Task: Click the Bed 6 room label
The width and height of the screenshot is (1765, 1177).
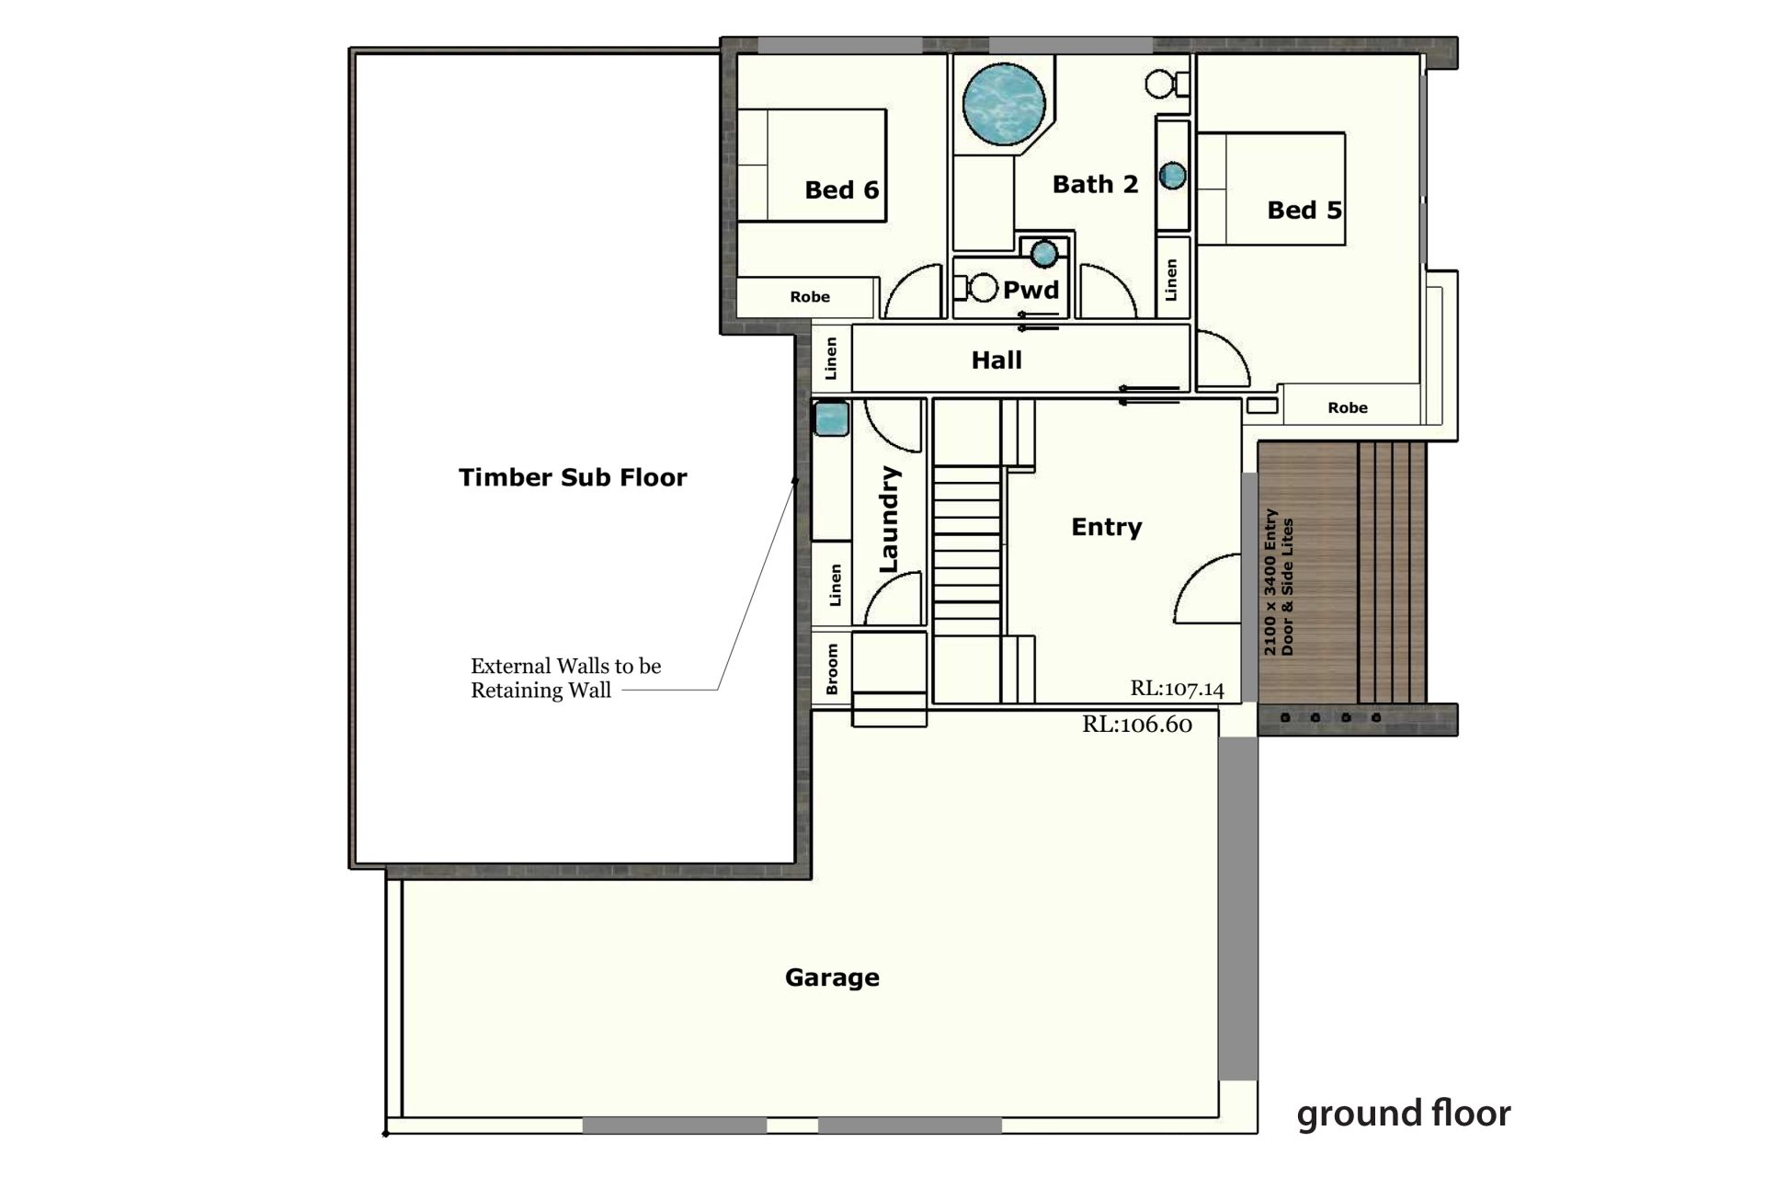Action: pos(842,190)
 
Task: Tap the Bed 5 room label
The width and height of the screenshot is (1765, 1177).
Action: pos(1304,211)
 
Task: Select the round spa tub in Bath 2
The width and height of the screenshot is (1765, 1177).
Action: pos(1004,104)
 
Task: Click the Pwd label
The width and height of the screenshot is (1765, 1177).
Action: pos(1031,291)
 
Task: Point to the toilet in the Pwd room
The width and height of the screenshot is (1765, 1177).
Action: pos(976,288)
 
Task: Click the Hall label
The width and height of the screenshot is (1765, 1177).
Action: pos(996,360)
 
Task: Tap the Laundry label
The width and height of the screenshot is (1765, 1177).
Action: pos(889,520)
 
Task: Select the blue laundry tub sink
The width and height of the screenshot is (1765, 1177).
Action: pos(831,419)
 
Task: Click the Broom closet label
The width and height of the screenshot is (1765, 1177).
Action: pos(832,668)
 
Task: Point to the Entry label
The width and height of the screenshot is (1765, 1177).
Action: pos(1107,527)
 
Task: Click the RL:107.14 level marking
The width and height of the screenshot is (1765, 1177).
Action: pos(1178,689)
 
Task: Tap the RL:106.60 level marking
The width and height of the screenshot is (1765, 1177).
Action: pos(1137,725)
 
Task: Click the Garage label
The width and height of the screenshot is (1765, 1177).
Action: pos(832,977)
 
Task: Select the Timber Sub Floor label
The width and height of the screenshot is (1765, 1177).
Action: pos(573,477)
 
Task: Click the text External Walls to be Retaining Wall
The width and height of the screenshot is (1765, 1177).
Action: pos(565,678)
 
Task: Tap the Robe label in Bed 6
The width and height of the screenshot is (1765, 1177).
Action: pos(810,297)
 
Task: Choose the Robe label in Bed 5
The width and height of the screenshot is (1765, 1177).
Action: pos(1348,407)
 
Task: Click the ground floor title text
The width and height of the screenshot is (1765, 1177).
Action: pos(1404,1114)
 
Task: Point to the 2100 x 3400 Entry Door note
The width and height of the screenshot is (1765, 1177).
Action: pos(1279,582)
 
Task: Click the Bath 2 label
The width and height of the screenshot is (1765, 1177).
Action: pos(1096,185)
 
